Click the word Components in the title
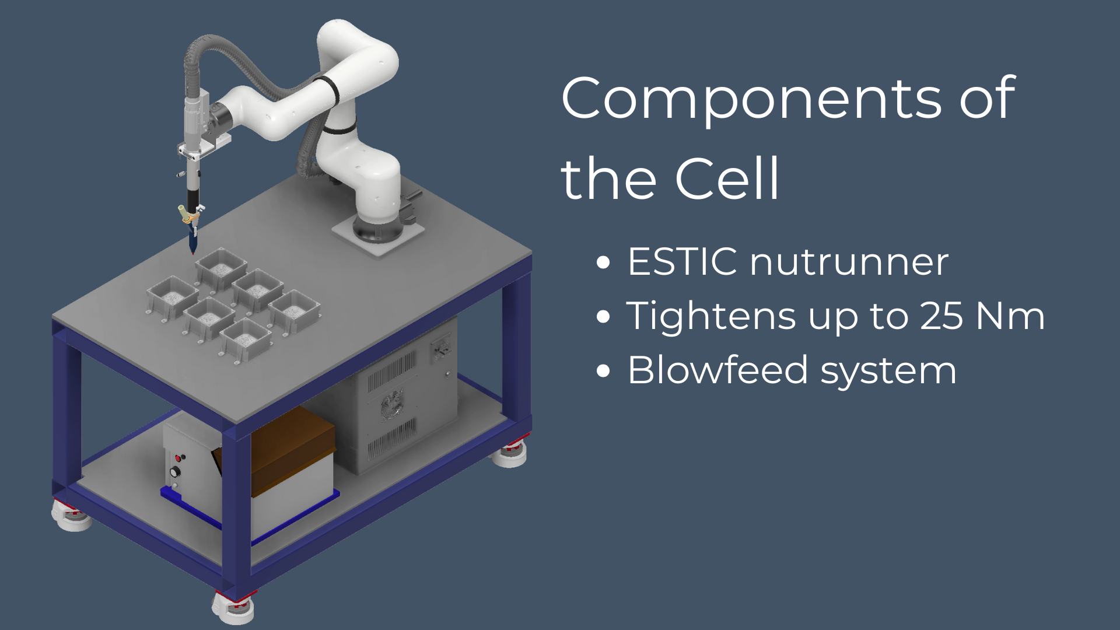751,99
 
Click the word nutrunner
849,262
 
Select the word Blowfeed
718,370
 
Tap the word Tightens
711,317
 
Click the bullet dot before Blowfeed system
603,371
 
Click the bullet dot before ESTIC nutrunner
603,262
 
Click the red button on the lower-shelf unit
179,459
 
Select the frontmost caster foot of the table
233,607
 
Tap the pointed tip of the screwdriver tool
192,253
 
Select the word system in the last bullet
888,372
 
